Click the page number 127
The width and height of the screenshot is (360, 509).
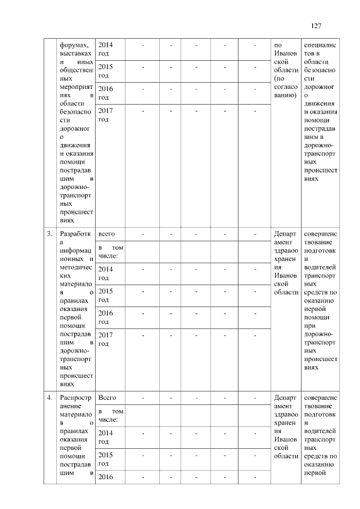(316, 26)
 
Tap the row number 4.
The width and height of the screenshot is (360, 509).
(50, 398)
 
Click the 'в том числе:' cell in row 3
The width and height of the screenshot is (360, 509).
(111, 251)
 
